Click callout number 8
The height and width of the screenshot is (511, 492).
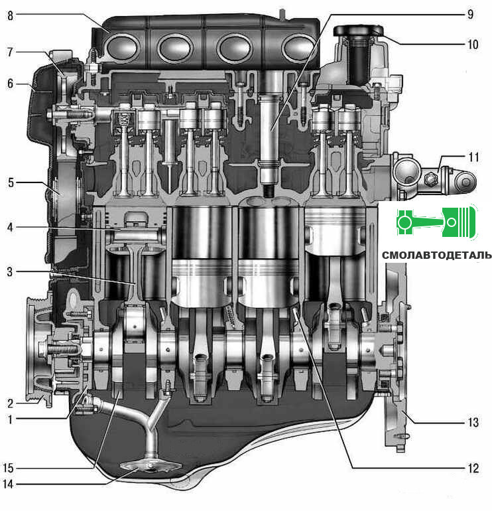coord(11,15)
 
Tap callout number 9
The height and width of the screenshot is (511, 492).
coord(470,15)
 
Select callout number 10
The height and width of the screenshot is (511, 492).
coord(473,44)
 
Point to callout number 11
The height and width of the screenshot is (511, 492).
coord(474,157)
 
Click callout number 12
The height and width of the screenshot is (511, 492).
coord(473,469)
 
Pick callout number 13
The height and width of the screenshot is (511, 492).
coord(473,422)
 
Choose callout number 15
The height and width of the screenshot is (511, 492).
coord(8,469)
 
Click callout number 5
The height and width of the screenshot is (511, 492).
coord(11,183)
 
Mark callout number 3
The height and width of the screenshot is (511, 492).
coord(10,271)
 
